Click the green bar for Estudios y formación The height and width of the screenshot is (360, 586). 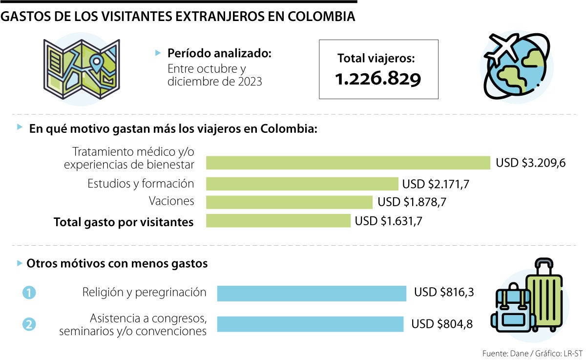click(x=302, y=184)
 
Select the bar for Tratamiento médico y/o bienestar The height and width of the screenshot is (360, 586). click(x=348, y=163)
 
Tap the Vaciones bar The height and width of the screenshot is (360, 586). click(x=289, y=202)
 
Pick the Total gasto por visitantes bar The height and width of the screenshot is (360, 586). click(x=278, y=221)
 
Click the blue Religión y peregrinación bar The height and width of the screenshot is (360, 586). click(x=312, y=293)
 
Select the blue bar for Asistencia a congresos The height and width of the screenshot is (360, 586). click(x=310, y=324)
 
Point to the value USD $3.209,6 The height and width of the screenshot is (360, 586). click(x=530, y=163)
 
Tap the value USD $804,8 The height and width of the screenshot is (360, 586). click(x=442, y=324)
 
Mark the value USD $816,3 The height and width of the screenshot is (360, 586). click(x=444, y=293)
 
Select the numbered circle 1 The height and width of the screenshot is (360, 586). click(x=29, y=293)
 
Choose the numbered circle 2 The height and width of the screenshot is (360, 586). click(x=29, y=324)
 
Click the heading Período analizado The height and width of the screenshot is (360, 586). click(x=219, y=53)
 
